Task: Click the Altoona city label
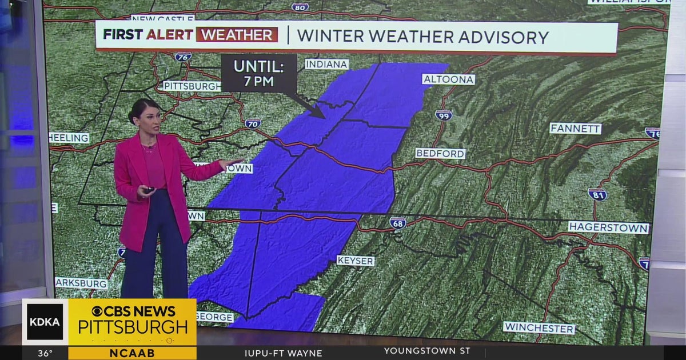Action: point(448,79)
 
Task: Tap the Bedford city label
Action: point(440,153)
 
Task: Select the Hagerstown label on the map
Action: point(608,227)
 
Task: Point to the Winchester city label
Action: point(539,328)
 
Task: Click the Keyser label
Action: point(355,261)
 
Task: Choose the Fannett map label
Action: point(575,129)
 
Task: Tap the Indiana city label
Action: point(326,64)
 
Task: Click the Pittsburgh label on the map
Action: point(192,86)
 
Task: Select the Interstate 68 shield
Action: point(398,222)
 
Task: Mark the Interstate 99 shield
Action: point(443,115)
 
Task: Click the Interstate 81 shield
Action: point(597,194)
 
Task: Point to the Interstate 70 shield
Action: point(253,123)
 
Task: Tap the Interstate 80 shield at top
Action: point(300,7)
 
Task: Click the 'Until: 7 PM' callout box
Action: point(258,73)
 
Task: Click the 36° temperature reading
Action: point(45,353)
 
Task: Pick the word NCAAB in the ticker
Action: point(132,353)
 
